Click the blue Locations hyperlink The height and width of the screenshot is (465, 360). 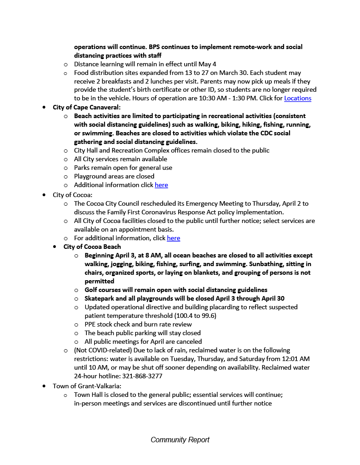point(298,98)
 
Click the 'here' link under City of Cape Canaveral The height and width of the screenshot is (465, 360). point(161,185)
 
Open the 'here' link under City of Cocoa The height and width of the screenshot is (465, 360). point(173,238)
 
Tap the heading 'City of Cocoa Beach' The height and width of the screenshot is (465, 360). point(92,247)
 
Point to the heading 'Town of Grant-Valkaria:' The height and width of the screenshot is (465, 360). point(87,386)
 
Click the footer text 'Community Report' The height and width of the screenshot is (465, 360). point(180,440)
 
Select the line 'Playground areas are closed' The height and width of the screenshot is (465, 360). point(114,176)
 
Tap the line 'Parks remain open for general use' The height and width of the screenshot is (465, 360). point(123,168)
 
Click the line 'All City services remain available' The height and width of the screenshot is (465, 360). point(120,159)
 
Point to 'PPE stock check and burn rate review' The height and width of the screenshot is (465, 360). point(138,324)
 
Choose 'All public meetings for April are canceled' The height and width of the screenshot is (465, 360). point(143,341)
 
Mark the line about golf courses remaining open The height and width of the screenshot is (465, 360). point(176,290)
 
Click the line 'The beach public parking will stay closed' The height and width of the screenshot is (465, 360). point(143,333)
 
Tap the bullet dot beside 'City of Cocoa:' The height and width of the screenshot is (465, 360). point(44,195)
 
